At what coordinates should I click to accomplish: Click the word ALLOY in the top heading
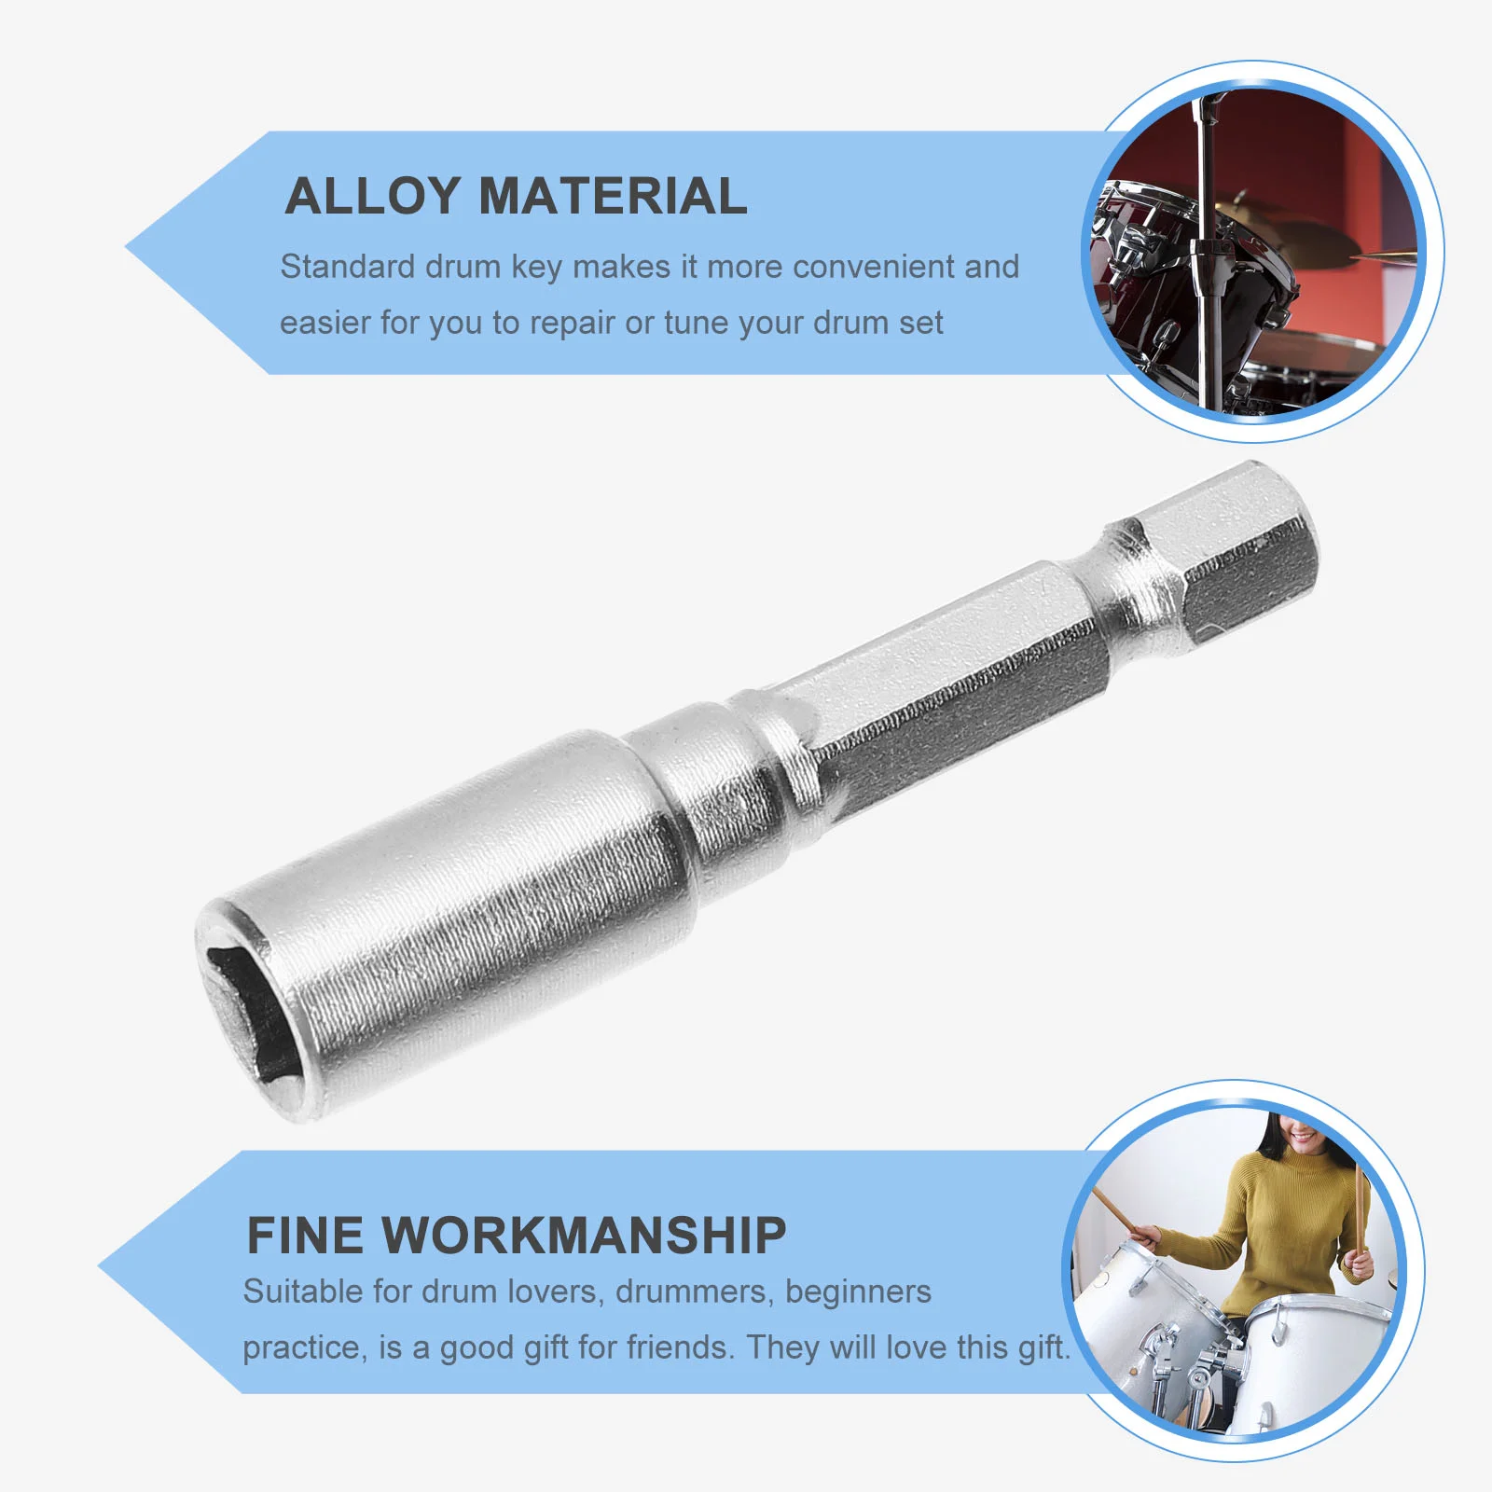[x=373, y=197]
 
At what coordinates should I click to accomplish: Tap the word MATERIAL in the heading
[x=613, y=197]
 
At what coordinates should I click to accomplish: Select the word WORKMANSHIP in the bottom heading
[x=584, y=1236]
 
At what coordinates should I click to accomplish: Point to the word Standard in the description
[x=347, y=267]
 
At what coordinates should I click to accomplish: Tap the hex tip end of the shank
[x=1250, y=559]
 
